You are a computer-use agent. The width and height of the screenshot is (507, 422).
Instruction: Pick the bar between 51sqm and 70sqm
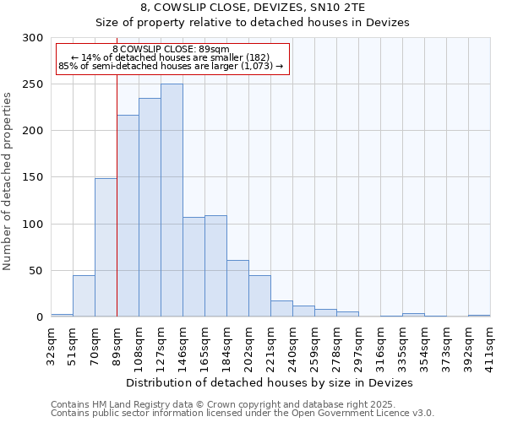84,296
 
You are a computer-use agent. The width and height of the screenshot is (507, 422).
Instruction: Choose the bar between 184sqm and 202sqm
237,289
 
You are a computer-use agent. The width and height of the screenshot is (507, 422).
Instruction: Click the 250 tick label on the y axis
32,84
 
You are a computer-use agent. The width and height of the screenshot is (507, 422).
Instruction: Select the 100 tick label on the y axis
32,225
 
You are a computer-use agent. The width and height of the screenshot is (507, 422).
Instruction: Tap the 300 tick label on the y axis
32,38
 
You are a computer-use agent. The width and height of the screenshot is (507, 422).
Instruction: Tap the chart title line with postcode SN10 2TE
253,7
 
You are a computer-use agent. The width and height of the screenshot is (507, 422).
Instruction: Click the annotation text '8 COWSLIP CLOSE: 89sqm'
170,50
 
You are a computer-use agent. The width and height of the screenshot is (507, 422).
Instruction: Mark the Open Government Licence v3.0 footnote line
243,414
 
